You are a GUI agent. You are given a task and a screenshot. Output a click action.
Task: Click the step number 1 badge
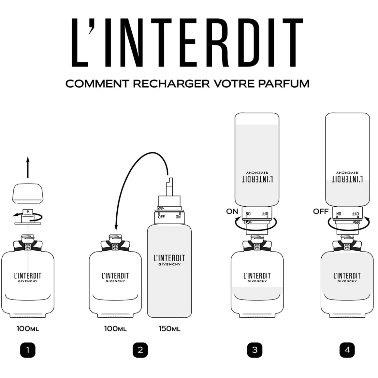pyautogui.click(x=28, y=350)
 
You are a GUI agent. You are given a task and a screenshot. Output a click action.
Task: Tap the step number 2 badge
pyautogui.click(x=140, y=350)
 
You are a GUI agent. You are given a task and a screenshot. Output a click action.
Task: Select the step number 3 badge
pyautogui.click(x=254, y=350)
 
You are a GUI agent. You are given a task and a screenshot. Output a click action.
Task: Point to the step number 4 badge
pyautogui.click(x=347, y=350)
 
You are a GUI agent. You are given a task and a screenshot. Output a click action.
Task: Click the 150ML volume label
pyautogui.click(x=169, y=328)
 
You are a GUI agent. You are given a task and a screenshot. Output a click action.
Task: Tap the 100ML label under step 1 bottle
pyautogui.click(x=28, y=328)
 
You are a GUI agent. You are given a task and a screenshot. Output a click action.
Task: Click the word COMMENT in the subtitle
pyautogui.click(x=97, y=84)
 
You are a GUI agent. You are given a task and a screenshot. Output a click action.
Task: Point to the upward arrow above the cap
pyautogui.click(x=28, y=167)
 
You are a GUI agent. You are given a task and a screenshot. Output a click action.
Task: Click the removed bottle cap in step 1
pyautogui.click(x=28, y=193)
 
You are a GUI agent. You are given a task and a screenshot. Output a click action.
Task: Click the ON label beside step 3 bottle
pyautogui.click(x=232, y=211)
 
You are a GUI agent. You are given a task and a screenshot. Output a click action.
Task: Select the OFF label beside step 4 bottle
pyautogui.click(x=321, y=211)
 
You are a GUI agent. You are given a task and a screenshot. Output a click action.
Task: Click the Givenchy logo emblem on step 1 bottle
pyautogui.click(x=28, y=246)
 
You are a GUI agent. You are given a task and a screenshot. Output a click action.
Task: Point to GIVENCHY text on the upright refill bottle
pyautogui.click(x=169, y=264)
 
